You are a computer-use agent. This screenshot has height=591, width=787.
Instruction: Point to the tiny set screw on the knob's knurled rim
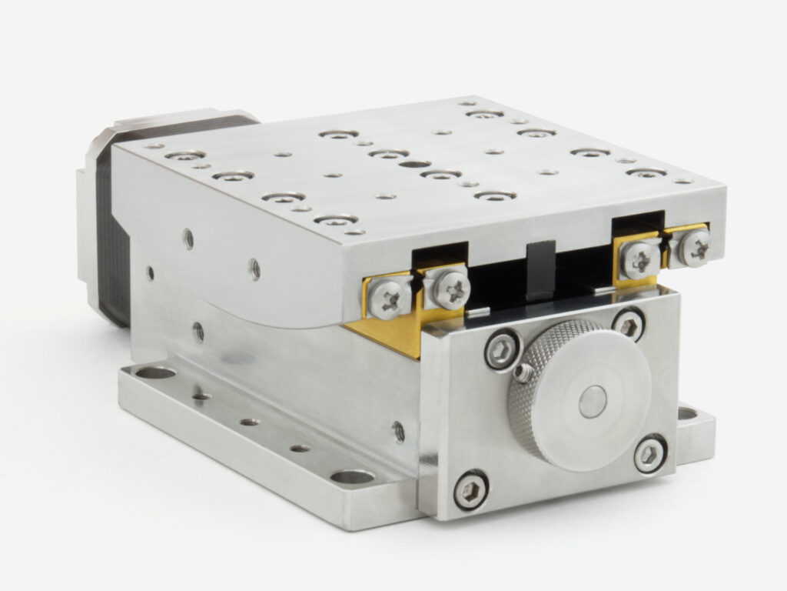pyautogui.click(x=525, y=374)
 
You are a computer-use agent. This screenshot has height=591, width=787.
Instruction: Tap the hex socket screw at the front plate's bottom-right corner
pyautogui.click(x=650, y=454)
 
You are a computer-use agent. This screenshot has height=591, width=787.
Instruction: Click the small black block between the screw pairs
pyautogui.click(x=541, y=272)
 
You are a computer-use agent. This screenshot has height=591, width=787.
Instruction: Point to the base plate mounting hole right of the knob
pyautogui.click(x=686, y=413)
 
